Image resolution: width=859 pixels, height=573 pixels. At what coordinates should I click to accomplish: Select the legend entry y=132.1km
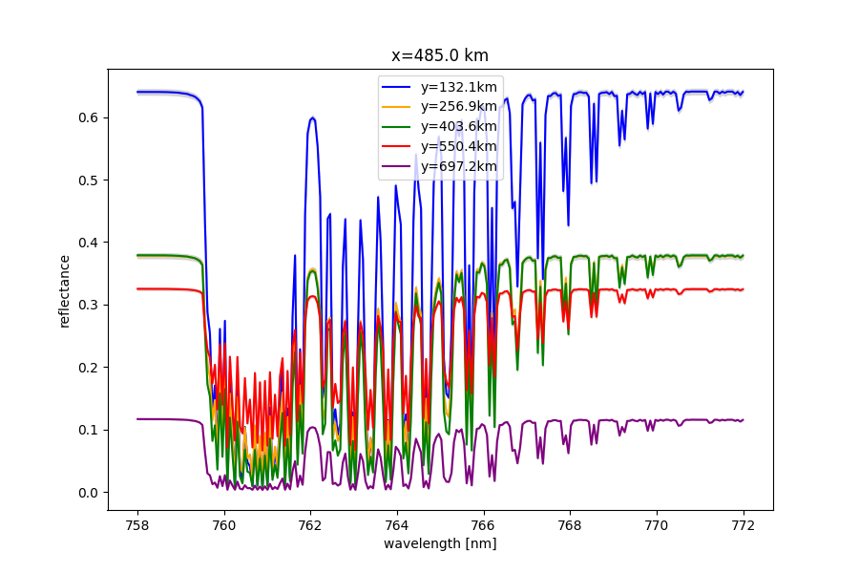point(458,87)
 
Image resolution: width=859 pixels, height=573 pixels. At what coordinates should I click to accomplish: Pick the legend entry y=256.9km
point(458,106)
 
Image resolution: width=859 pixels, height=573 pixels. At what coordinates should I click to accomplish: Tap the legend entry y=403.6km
point(458,126)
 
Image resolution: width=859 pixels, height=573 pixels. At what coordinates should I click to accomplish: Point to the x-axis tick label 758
point(137,524)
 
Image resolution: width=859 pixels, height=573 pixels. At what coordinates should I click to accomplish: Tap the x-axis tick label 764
point(397,524)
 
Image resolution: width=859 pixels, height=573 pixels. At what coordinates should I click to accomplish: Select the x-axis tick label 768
point(570,524)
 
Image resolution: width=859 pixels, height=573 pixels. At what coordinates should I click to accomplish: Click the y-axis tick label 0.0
point(88,493)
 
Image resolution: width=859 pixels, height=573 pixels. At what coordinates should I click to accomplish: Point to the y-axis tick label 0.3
point(88,305)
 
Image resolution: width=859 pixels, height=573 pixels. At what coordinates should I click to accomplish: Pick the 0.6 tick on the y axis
point(88,117)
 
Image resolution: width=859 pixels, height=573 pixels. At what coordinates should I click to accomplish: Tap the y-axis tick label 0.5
point(88,180)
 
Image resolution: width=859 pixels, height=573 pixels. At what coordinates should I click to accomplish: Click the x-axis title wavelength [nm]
point(440,543)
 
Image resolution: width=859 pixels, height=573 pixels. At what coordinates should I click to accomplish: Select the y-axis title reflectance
point(65,290)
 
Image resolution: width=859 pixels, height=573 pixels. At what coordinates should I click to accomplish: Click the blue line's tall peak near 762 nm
point(312,118)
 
